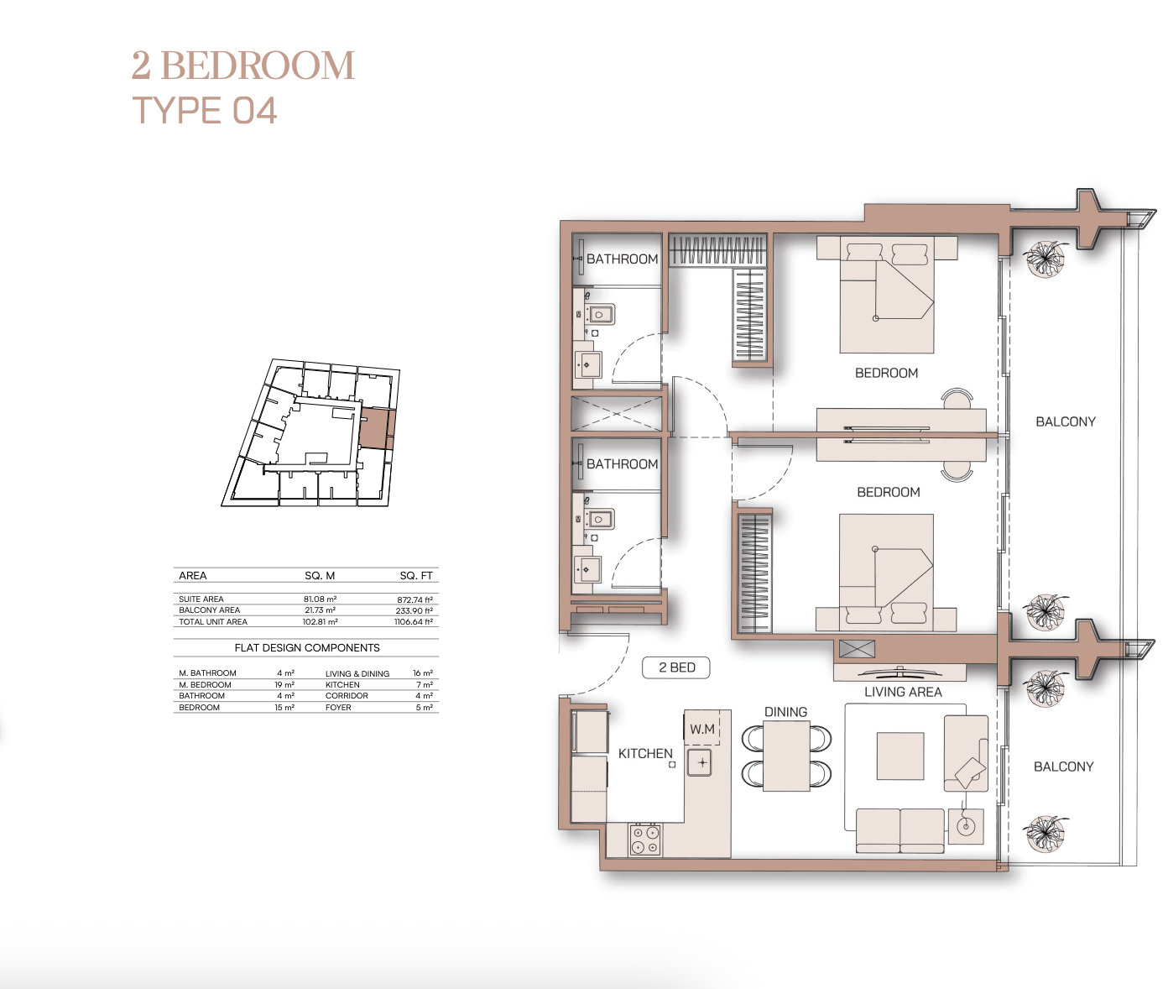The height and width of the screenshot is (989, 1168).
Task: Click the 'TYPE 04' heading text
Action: [204, 110]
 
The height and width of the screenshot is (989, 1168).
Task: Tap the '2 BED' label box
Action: [676, 667]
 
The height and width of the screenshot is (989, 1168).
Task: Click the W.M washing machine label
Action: [701, 730]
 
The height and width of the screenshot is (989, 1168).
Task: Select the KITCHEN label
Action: [645, 753]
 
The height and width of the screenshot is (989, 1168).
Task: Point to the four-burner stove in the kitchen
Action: [645, 840]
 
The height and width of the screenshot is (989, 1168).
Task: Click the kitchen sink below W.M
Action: [700, 762]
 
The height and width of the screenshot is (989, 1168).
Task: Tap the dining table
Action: [786, 756]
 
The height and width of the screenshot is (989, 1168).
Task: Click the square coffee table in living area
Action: [900, 756]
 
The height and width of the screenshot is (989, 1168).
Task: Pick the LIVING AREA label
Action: [903, 692]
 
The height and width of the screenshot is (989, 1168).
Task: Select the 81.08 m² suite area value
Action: [320, 599]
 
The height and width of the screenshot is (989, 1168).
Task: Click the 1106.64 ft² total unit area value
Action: [414, 622]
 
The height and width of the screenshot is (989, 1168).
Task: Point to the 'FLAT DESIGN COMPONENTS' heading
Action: [307, 648]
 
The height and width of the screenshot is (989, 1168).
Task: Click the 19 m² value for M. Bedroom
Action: [284, 685]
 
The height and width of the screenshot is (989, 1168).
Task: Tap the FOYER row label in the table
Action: [338, 708]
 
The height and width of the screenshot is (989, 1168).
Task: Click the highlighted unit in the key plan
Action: [375, 428]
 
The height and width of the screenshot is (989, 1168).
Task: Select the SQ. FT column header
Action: [416, 576]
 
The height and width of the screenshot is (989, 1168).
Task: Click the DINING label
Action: [785, 712]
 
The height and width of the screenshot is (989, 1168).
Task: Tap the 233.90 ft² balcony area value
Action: [415, 610]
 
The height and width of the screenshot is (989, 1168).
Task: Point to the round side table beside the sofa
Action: [966, 827]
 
